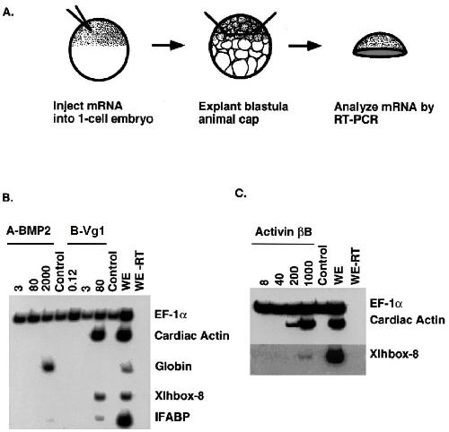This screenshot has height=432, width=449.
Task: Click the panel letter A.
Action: pos(7,13)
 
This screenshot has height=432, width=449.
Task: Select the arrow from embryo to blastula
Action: pos(168,46)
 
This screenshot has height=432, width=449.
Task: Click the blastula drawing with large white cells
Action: pos(242,47)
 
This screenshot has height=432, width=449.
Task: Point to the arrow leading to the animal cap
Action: pos(305,46)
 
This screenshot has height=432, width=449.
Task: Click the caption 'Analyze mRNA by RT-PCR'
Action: pos(383,113)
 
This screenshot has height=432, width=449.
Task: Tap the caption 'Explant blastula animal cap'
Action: pos(243,113)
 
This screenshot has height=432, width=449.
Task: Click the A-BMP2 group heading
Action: pos(30,232)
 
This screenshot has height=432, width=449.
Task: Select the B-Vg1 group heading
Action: pos(87,232)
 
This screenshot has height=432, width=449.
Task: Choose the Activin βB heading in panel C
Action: pos(284,232)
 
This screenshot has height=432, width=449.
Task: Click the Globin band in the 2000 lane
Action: pos(49,367)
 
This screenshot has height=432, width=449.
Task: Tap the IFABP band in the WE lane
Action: pos(127,417)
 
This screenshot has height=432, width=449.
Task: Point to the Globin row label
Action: pos(173,367)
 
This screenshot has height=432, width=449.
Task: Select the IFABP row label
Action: pos(172,417)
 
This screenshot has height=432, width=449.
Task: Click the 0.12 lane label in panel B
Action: pos(74,280)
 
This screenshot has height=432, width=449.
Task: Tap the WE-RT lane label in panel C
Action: pos(355,265)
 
